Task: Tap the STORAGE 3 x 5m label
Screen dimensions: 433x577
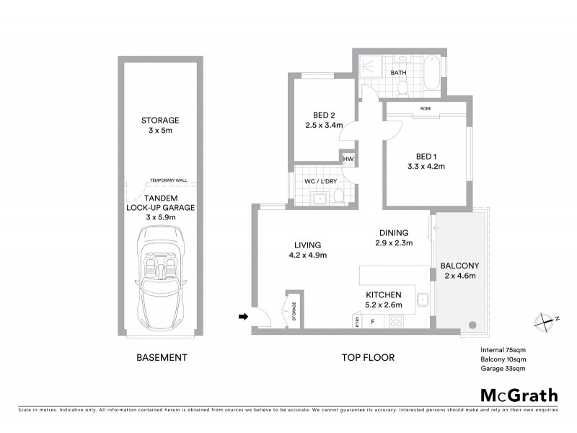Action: point(161,125)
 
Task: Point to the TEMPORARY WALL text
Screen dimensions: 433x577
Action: point(167,180)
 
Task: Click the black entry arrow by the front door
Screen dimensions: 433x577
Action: point(243,315)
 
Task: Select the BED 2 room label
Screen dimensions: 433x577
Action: point(323,120)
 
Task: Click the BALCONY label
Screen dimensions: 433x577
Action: point(459,270)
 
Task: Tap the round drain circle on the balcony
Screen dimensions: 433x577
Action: point(472,325)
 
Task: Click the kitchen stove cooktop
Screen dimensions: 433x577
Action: point(397,323)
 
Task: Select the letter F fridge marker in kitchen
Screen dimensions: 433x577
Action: point(372,323)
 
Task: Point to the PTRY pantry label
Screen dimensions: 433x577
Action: point(356,321)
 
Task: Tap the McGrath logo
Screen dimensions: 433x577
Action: point(519,395)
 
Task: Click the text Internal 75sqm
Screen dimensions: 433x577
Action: point(503,350)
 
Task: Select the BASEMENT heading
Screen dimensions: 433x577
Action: point(162,357)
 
